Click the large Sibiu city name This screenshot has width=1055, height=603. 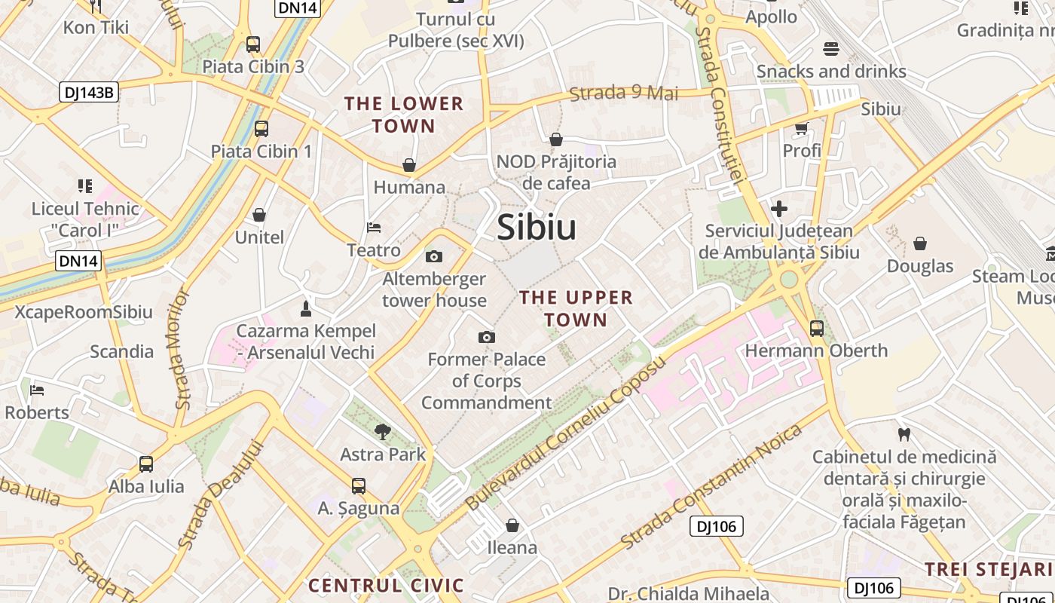pyautogui.click(x=537, y=227)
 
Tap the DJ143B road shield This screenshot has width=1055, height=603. pyautogui.click(x=89, y=93)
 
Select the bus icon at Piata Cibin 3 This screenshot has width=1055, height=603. pyautogui.click(x=253, y=44)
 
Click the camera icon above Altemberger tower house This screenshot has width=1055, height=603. pyautogui.click(x=433, y=256)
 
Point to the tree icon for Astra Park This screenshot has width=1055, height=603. pyautogui.click(x=383, y=432)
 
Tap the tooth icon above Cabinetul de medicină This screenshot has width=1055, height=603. pyautogui.click(x=904, y=434)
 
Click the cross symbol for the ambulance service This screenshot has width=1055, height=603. pyautogui.click(x=779, y=208)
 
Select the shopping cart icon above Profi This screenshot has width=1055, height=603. pyautogui.click(x=801, y=128)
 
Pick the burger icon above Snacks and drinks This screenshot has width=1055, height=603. pyautogui.click(x=831, y=49)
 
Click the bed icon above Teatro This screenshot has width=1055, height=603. pyautogui.click(x=374, y=227)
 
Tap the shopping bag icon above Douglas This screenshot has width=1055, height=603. pyautogui.click(x=919, y=243)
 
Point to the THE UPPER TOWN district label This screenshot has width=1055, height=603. pyautogui.click(x=576, y=308)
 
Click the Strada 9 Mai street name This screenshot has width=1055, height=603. pyautogui.click(x=624, y=93)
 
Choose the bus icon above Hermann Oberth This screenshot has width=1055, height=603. pyautogui.click(x=817, y=328)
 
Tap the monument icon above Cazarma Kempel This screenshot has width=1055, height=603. pyautogui.click(x=305, y=308)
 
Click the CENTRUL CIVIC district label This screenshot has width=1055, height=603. pyautogui.click(x=386, y=586)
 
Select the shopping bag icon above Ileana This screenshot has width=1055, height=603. pyautogui.click(x=512, y=525)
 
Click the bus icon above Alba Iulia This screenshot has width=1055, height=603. pyautogui.click(x=146, y=464)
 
